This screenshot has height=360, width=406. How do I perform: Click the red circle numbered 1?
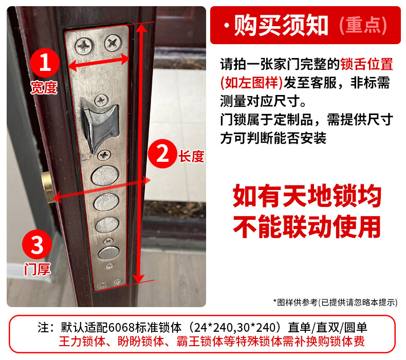[x=45, y=63]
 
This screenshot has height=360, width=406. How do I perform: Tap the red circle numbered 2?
[x=162, y=154]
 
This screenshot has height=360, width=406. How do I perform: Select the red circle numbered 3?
[x=37, y=244]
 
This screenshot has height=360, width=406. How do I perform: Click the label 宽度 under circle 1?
[x=44, y=87]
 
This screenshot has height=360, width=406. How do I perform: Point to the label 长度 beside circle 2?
[x=191, y=156]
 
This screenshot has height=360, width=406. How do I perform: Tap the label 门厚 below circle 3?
[x=38, y=269]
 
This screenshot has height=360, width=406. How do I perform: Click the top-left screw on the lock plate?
[x=83, y=46]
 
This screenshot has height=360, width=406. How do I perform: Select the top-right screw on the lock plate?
[x=113, y=43]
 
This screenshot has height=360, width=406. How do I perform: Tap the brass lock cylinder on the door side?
[x=48, y=187]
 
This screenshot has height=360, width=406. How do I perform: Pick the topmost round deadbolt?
[x=105, y=176]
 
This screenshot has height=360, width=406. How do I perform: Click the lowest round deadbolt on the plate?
[x=109, y=253]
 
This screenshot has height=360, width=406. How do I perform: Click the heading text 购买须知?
[x=281, y=25]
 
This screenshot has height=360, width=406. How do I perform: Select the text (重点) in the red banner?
[x=363, y=25]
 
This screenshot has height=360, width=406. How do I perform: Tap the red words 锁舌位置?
[x=366, y=64]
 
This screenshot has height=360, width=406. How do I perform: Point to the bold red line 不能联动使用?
[x=307, y=227]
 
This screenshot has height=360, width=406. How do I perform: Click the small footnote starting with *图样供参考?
[x=335, y=302]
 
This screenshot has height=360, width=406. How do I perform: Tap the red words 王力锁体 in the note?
[x=82, y=342]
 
